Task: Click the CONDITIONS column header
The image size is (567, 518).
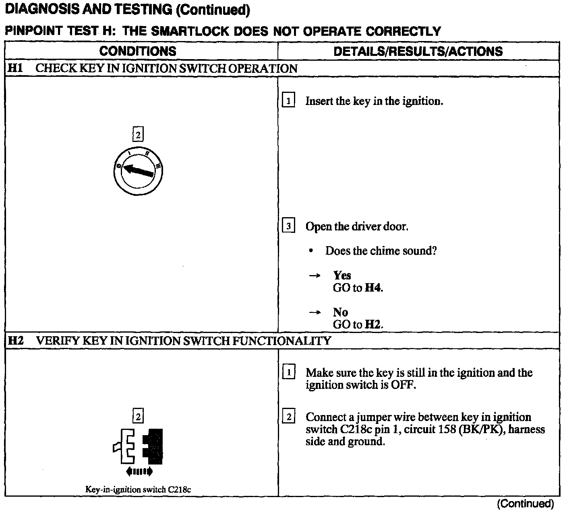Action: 138,51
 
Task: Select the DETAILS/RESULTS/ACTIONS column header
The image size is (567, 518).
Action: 418,51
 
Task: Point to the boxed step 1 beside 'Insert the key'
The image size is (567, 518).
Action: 288,101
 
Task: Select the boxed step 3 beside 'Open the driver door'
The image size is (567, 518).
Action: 288,226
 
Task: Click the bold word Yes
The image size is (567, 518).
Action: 342,275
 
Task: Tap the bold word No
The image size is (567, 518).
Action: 340,312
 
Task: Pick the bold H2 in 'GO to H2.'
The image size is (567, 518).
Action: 372,325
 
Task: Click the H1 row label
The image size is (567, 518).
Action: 14,68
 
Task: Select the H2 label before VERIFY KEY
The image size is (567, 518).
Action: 16,341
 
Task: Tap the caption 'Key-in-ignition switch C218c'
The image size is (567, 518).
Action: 138,489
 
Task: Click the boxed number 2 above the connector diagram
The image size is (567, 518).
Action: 138,417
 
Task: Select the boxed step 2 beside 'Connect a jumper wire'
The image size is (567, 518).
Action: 289,417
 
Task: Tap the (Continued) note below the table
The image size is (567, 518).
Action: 525,504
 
